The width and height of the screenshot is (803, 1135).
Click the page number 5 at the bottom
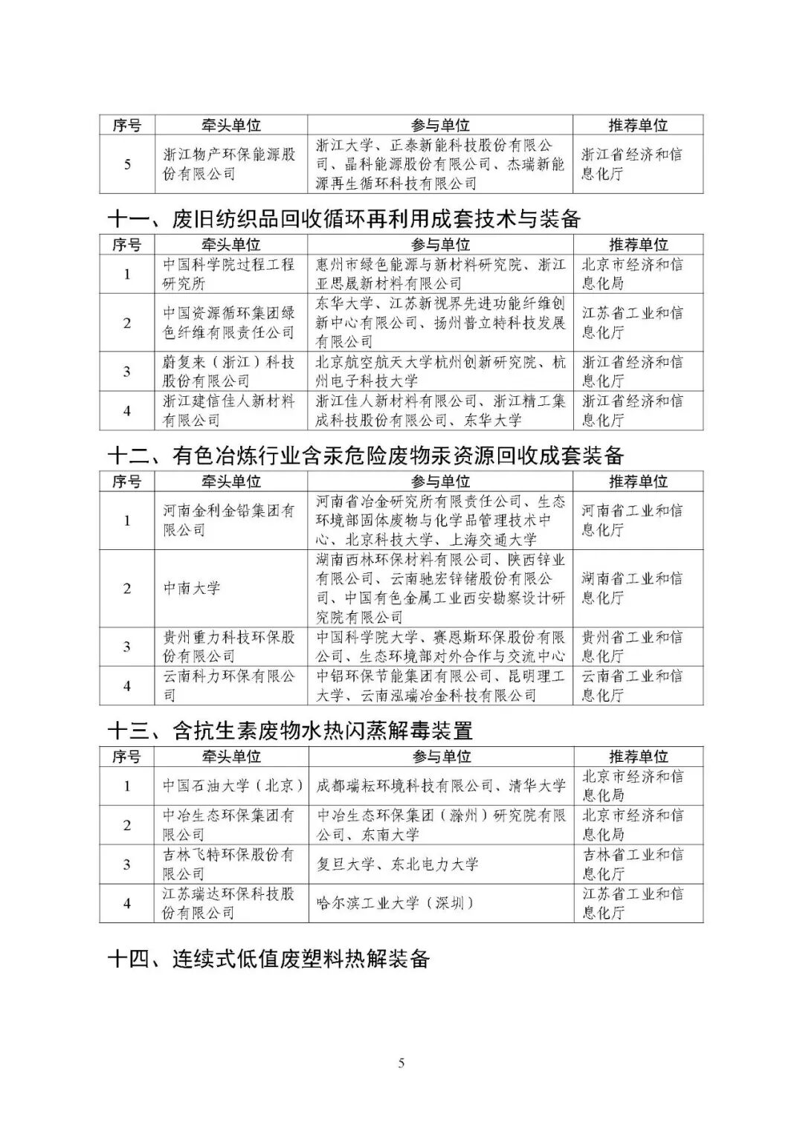coord(401,1063)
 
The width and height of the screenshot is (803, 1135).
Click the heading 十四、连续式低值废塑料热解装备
coord(269,959)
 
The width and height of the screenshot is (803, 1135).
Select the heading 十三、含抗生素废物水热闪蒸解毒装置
coord(291,731)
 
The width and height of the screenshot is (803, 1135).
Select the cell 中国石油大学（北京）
coord(233,786)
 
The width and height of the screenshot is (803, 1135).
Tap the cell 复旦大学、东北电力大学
coord(398,864)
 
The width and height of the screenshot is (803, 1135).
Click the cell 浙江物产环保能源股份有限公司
coord(229,164)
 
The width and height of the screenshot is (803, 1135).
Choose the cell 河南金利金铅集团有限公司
coord(229,520)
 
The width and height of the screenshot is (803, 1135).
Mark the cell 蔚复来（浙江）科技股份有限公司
coord(229,372)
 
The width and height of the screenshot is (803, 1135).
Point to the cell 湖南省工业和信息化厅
coord(632,588)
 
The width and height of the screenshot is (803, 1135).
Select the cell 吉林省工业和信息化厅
coord(632,864)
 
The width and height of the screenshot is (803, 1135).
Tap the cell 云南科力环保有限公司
coord(229,685)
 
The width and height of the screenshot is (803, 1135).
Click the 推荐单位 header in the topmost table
coord(638,125)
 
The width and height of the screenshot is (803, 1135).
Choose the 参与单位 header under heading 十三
coord(442,757)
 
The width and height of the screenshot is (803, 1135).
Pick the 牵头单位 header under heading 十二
coord(230,482)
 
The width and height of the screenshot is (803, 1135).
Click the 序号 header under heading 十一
coord(126,245)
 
